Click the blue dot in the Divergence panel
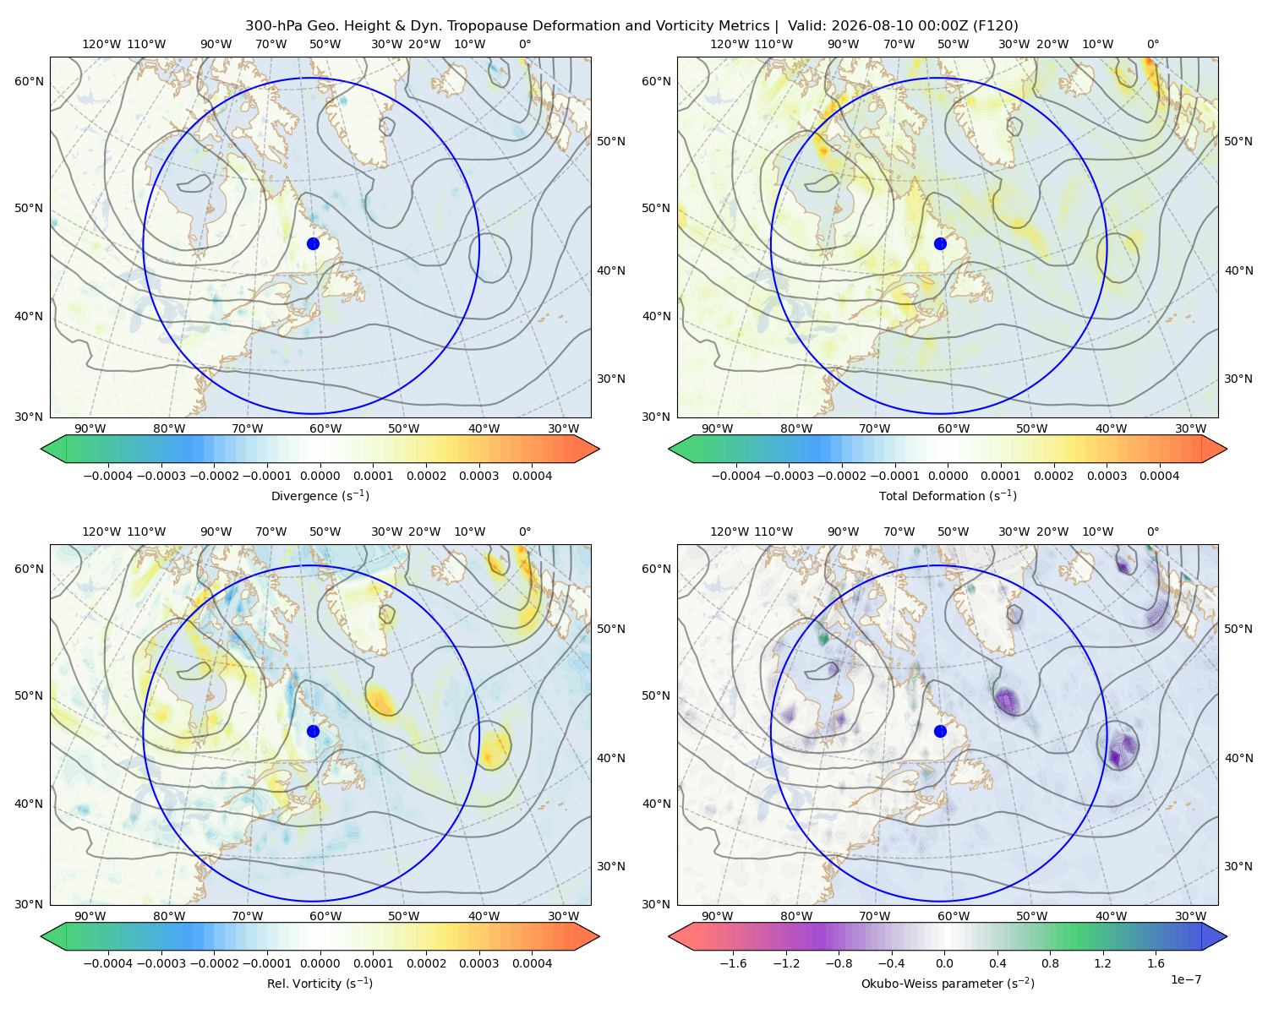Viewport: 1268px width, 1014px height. pos(313,244)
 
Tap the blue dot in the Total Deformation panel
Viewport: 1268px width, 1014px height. pos(940,244)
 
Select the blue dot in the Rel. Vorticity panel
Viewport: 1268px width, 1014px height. pos(313,731)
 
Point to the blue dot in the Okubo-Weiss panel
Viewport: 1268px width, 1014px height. pos(940,731)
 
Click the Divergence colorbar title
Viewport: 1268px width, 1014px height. pos(320,496)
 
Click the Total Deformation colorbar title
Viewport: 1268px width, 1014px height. pos(948,496)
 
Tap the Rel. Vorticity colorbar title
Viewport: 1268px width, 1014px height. pos(320,984)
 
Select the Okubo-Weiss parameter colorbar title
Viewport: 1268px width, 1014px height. pos(948,984)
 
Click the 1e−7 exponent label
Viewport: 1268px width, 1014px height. pos(1185,980)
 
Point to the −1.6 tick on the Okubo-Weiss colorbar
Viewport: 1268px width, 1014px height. pos(734,963)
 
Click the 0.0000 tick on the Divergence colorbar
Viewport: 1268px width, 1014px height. pos(320,476)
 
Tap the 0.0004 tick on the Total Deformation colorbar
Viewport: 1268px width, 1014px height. pos(1160,476)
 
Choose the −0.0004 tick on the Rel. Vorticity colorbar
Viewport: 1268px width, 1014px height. pos(108,963)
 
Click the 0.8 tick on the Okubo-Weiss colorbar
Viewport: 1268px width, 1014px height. pos(1050,963)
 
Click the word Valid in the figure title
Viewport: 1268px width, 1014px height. pos(804,26)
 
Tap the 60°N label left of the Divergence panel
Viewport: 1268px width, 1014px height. pos(29,81)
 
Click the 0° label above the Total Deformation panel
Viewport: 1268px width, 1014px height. pos(1153,44)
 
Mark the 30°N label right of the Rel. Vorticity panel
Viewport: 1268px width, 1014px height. pos(611,866)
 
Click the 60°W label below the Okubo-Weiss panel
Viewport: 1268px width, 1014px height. pos(954,916)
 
